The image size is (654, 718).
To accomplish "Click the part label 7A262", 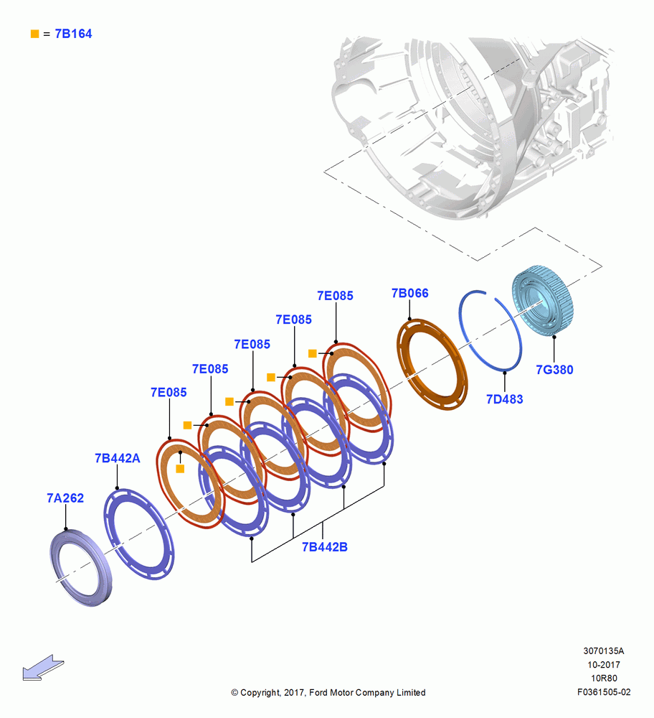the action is coord(65,498).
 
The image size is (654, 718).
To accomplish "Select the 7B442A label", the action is coord(118,458).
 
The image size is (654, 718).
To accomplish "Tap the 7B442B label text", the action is coord(325,546).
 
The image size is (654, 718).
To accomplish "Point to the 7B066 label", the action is coord(410,293).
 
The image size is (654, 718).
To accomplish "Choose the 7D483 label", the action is coord(504,399).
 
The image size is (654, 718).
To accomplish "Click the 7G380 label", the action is coord(554,370).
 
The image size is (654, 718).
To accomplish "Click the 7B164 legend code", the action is coord(73,34).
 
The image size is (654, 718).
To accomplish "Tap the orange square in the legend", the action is coord(34,34).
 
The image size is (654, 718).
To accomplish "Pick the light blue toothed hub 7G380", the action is coord(542,300).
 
